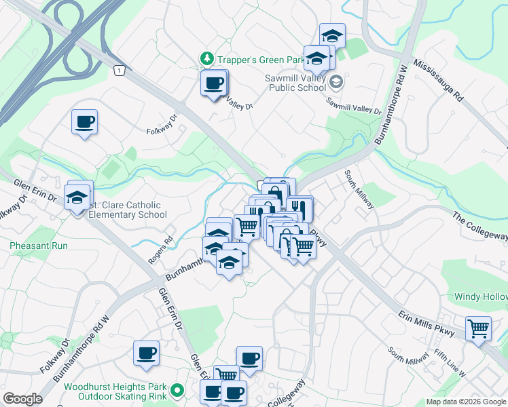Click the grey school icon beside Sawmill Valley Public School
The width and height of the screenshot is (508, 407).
pyautogui.click(x=335, y=83)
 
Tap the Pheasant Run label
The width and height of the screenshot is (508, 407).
pyautogui.click(x=39, y=246)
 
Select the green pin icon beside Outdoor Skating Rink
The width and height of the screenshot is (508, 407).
pyautogui.click(x=177, y=390)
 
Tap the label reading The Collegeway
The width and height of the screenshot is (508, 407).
pyautogui.click(x=480, y=227)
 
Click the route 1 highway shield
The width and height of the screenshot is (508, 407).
pyautogui.click(x=120, y=71)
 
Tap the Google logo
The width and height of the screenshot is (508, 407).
pyautogui.click(x=22, y=400)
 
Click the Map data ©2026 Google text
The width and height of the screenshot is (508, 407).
pyautogui.click(x=465, y=402)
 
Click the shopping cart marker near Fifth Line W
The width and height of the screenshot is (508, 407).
pyautogui.click(x=479, y=328)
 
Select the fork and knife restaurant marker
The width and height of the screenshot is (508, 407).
pyautogui.click(x=298, y=206)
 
